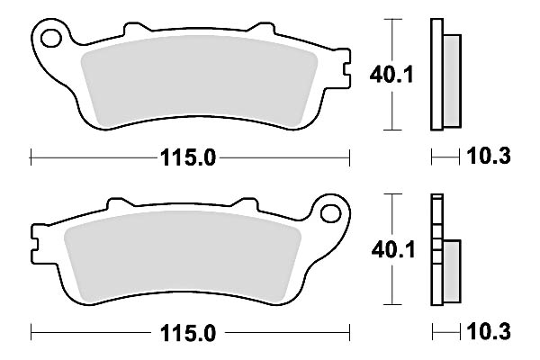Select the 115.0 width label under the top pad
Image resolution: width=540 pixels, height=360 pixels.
coord(190,157)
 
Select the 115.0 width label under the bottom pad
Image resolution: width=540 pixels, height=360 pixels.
coord(190,332)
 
